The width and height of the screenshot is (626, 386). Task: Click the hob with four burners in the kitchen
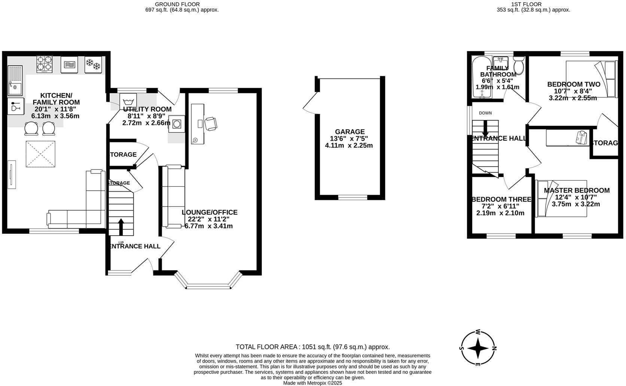[44, 64]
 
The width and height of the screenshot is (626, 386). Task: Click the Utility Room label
[147, 109]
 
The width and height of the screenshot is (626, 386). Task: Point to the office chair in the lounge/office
[210, 124]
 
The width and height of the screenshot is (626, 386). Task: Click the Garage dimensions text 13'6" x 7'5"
[349, 138]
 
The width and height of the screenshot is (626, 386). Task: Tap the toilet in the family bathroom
[519, 66]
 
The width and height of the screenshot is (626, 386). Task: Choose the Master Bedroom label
[576, 190]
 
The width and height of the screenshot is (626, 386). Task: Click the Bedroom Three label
[501, 199]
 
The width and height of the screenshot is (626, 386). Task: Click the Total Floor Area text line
[313, 347]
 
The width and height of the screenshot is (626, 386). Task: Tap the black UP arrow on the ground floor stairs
[121, 226]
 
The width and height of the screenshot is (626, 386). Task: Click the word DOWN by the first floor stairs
[485, 113]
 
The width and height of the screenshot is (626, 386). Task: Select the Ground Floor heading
[182, 4]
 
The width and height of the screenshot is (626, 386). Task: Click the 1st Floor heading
[531, 4]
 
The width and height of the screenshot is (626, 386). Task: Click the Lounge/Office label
[209, 212]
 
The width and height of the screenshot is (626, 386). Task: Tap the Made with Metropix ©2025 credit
[312, 383]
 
